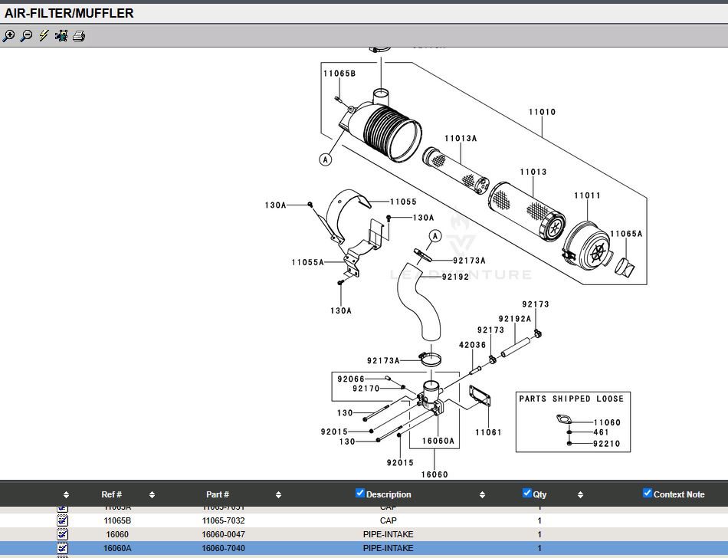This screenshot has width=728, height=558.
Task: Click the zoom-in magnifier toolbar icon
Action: tap(9, 36)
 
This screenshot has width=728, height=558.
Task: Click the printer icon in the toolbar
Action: tap(78, 36)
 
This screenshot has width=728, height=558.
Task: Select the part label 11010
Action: tap(542, 112)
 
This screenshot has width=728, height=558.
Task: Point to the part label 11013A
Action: tap(461, 139)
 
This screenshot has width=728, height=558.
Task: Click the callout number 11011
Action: tap(587, 196)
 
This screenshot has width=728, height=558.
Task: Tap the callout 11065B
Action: tap(339, 74)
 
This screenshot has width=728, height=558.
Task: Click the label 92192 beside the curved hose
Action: tap(455, 277)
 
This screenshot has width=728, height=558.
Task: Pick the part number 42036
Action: tap(472, 345)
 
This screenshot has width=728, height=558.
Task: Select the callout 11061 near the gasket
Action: tap(488, 432)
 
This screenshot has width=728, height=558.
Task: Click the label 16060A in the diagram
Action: tap(438, 441)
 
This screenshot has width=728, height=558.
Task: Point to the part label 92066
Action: tap(351, 379)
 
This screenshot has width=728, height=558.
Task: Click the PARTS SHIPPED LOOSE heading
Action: tap(571, 399)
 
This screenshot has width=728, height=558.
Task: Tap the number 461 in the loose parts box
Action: tap(601, 432)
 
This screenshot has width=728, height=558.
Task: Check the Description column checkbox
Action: tap(360, 493)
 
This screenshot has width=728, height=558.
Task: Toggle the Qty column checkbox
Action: tap(526, 493)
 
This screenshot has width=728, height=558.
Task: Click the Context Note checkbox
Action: tap(648, 493)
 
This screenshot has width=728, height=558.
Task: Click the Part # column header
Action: tap(218, 494)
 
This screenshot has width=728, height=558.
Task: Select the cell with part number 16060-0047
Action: tap(223, 534)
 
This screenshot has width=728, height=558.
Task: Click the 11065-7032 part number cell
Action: tap(223, 520)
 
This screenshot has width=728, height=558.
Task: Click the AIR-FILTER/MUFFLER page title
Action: tap(69, 13)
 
